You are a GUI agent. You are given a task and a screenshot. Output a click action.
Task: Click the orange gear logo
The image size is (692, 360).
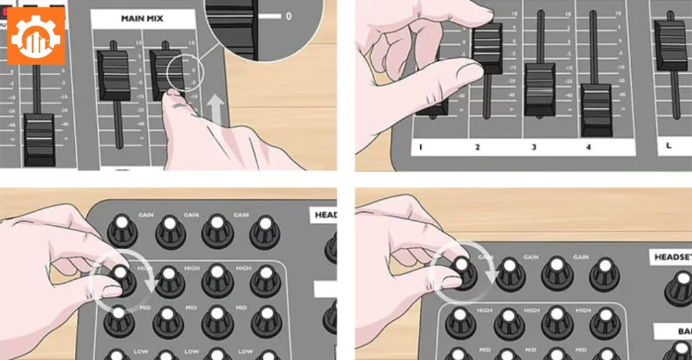tap(36, 35)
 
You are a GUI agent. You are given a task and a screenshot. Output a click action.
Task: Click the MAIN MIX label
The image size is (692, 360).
tap(143, 18)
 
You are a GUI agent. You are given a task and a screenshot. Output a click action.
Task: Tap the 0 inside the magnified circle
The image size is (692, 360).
tap(289, 15)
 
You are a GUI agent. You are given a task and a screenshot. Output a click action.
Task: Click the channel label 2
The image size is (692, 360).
tap(477, 147)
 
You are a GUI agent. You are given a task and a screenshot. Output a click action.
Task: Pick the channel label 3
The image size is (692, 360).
tap(533, 147)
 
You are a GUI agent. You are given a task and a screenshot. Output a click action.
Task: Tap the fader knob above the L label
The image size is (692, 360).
tap(670, 45)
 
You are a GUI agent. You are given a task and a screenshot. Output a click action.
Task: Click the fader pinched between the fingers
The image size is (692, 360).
tap(487, 48)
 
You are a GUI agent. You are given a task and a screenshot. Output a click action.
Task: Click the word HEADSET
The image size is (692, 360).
tap(670, 257)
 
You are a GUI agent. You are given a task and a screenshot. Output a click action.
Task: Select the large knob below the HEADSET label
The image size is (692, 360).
tap(679, 286)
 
